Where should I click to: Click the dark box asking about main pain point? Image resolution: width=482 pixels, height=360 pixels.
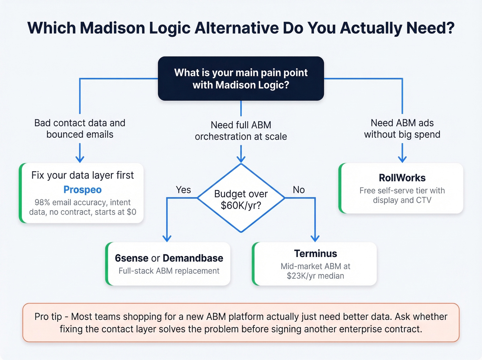[x=241, y=79]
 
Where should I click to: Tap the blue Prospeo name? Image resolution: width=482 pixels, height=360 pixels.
[x=83, y=190]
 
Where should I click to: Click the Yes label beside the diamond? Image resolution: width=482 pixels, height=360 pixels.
[x=183, y=190]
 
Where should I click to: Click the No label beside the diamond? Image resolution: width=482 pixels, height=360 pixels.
[x=298, y=190]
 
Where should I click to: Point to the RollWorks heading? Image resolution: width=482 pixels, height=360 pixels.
[x=402, y=178]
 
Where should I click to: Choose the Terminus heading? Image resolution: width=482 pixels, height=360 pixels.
[x=315, y=254]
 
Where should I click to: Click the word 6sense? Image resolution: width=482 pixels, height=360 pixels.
[x=132, y=258]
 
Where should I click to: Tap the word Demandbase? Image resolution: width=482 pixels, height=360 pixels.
[x=193, y=258]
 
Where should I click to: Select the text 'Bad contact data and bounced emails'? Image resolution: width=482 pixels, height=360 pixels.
[x=80, y=128]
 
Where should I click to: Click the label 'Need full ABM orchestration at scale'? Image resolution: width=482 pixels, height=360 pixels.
[x=241, y=131]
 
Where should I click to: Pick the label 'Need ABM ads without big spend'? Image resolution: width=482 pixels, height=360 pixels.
[x=402, y=128]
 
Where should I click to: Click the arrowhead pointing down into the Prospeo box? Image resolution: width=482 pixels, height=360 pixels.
[x=80, y=159]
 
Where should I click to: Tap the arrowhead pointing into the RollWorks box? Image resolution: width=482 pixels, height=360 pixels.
[x=402, y=159]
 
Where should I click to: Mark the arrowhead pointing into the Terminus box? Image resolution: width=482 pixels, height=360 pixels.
[x=315, y=238]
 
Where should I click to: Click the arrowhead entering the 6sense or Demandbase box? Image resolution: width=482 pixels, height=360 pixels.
[x=167, y=238]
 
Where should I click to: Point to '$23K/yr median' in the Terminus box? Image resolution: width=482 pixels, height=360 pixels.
[x=315, y=276]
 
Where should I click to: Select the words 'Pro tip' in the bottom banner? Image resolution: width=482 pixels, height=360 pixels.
[x=48, y=317]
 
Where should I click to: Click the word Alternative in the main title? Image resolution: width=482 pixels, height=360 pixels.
[x=237, y=28]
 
